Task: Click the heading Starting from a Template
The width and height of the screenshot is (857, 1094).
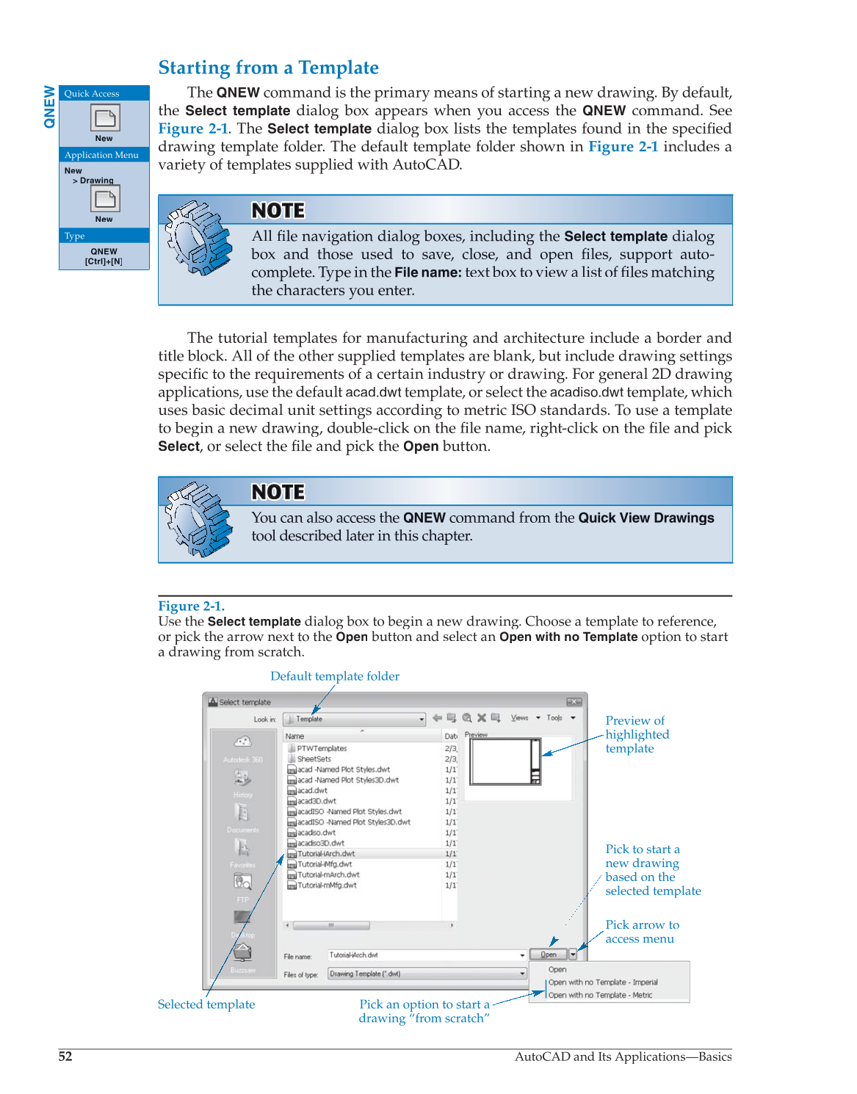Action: (x=268, y=68)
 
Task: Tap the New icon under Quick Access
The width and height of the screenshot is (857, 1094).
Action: (x=104, y=118)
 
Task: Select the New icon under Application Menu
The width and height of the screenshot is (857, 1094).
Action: (x=104, y=199)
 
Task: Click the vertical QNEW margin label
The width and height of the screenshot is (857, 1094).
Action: (x=49, y=106)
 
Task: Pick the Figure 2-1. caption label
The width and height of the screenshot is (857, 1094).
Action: (x=191, y=606)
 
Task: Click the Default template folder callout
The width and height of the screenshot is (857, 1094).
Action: (x=334, y=676)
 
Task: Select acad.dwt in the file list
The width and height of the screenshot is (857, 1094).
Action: (x=312, y=791)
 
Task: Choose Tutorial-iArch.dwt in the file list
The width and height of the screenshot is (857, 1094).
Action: (x=326, y=854)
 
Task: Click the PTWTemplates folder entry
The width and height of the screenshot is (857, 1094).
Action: (x=321, y=749)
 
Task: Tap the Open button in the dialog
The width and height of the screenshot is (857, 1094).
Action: (x=548, y=954)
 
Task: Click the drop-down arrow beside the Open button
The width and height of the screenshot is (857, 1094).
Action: (x=573, y=954)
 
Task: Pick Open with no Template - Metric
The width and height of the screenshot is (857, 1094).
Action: (x=600, y=995)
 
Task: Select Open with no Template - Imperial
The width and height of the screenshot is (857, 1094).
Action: (x=602, y=982)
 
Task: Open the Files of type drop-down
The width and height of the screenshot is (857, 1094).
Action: (x=522, y=974)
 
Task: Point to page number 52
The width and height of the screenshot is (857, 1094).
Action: (x=65, y=1056)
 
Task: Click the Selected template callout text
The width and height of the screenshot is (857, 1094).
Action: (x=206, y=1004)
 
